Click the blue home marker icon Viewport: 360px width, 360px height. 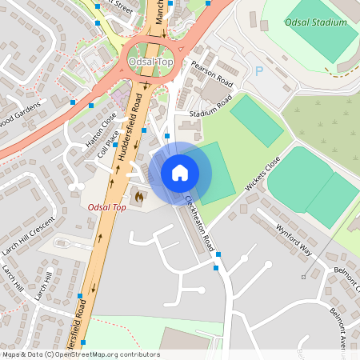180,172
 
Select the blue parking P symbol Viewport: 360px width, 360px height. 258,72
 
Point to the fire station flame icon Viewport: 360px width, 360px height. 140,194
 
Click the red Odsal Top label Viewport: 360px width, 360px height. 107,208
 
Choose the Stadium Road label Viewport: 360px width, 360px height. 210,109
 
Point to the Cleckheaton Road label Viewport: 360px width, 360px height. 199,220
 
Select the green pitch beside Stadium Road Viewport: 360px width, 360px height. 256,120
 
